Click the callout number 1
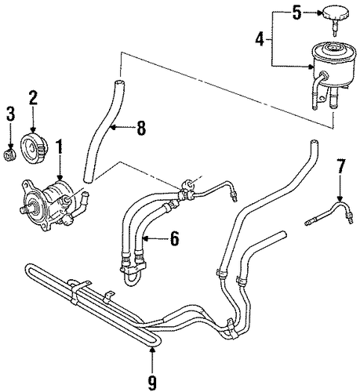[x=60, y=147]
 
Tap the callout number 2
[x=33, y=99]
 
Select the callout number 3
[x=10, y=114]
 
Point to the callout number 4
[x=260, y=40]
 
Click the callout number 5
[x=296, y=13]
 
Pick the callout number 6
[x=174, y=238]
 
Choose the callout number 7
[x=340, y=166]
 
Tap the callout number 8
[x=141, y=128]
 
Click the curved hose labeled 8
[x=103, y=132]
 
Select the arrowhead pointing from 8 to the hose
[x=113, y=128]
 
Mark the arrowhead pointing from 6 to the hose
[x=146, y=238]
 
